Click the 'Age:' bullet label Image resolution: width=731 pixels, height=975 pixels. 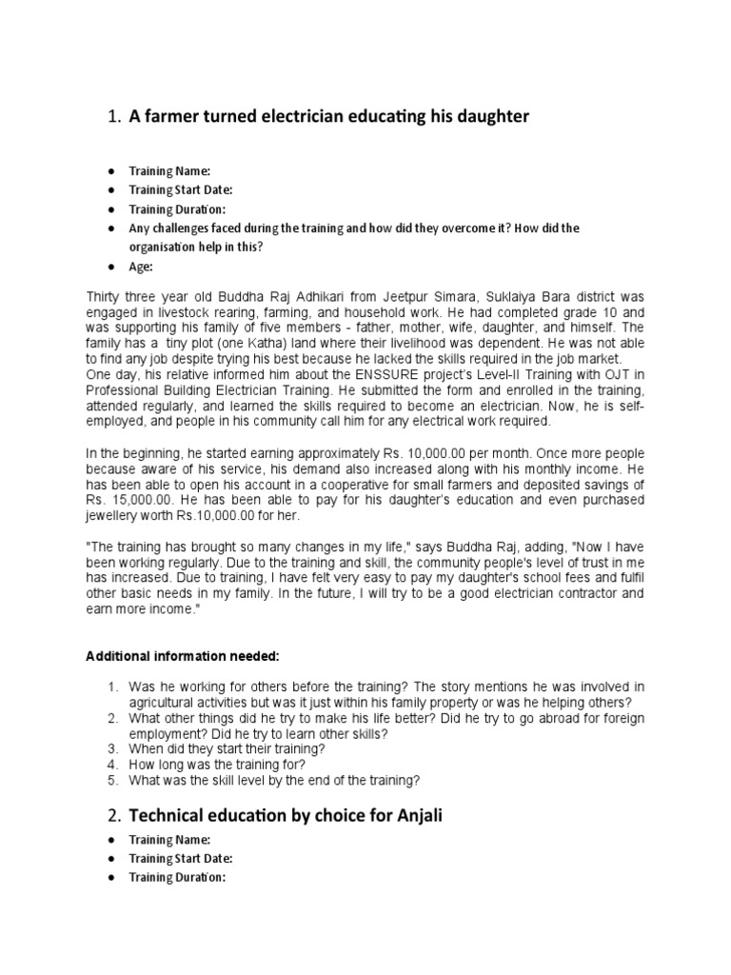click(141, 267)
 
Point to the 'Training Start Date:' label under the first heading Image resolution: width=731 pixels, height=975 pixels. click(181, 189)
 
